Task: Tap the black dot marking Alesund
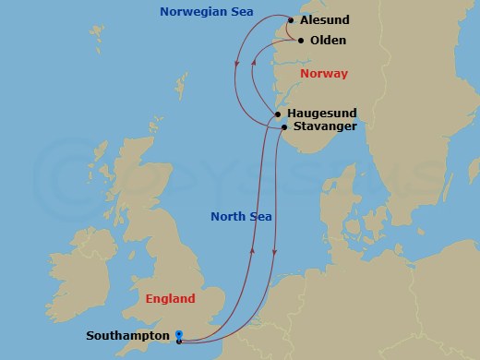(291, 20)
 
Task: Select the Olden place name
(329, 42)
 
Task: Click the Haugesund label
(322, 113)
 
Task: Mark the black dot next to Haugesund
(278, 114)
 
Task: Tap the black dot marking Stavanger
(283, 126)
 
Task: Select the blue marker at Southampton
(178, 336)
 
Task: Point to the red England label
(170, 299)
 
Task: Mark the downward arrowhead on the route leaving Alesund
(238, 64)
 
